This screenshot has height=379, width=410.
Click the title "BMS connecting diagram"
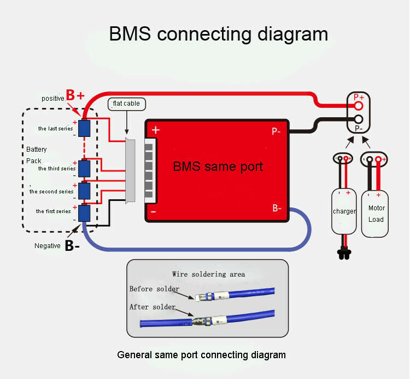click(x=218, y=33)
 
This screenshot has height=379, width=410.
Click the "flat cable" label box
click(x=126, y=103)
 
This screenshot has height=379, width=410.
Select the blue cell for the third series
click(x=84, y=168)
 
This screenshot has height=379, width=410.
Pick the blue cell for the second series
click(x=84, y=191)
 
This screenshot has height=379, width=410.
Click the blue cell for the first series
click(x=84, y=213)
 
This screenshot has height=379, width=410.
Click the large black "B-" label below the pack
click(x=72, y=246)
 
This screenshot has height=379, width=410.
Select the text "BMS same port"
click(x=218, y=166)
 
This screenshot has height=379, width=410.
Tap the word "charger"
click(x=344, y=211)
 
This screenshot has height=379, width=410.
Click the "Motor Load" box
click(x=376, y=213)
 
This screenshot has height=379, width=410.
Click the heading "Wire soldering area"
click(x=208, y=274)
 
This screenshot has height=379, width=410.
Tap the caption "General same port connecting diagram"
click(x=201, y=355)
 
